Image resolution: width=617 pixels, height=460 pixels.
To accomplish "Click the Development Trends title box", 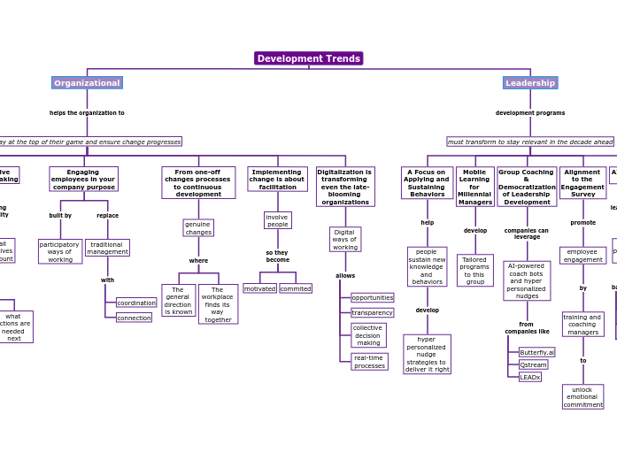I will [x=308, y=58].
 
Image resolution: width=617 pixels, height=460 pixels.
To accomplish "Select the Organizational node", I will [x=87, y=83].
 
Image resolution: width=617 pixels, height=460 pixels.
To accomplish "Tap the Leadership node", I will [x=530, y=83].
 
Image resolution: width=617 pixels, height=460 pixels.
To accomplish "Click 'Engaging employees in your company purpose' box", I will [x=83, y=179].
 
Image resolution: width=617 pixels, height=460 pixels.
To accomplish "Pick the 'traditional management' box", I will [x=107, y=248].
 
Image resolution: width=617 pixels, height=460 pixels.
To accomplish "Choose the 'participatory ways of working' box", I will [x=60, y=251].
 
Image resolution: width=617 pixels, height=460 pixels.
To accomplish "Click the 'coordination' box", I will [x=135, y=303].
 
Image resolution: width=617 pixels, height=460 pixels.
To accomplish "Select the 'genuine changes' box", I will [x=198, y=228].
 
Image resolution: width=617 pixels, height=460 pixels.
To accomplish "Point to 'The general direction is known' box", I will [x=178, y=300].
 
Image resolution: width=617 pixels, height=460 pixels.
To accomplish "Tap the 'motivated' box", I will [x=259, y=288].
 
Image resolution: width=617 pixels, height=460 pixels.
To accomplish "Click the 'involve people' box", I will [x=277, y=220].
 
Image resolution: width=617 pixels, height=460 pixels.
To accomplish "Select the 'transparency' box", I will [x=372, y=312].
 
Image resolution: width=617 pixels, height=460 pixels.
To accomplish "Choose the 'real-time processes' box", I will [x=369, y=362].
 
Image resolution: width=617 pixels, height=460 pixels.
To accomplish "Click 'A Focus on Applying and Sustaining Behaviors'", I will [x=427, y=183].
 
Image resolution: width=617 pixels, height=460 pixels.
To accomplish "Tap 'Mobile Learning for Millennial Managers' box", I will [x=474, y=187].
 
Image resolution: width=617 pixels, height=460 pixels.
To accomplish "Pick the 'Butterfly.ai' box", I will [x=536, y=352].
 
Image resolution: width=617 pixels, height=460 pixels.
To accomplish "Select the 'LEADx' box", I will [x=529, y=377].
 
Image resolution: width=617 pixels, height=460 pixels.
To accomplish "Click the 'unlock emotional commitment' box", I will [x=582, y=396].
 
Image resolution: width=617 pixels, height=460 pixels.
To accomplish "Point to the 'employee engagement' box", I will [x=582, y=256].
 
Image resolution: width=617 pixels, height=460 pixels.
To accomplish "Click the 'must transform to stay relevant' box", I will [x=530, y=142].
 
